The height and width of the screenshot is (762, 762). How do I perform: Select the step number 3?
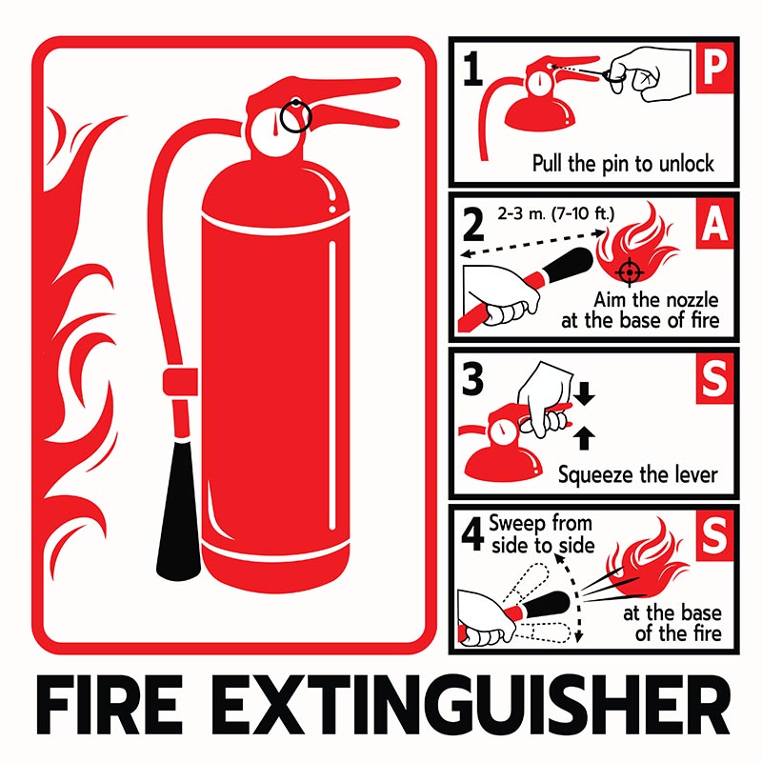(x=471, y=379)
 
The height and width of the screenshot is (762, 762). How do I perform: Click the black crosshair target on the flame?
(x=627, y=271)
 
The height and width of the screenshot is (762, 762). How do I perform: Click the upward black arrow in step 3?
(x=586, y=437)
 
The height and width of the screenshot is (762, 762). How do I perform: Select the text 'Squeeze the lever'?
(x=637, y=473)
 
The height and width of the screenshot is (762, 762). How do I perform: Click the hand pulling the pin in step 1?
(x=648, y=71)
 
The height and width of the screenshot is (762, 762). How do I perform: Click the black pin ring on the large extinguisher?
(x=296, y=114)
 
